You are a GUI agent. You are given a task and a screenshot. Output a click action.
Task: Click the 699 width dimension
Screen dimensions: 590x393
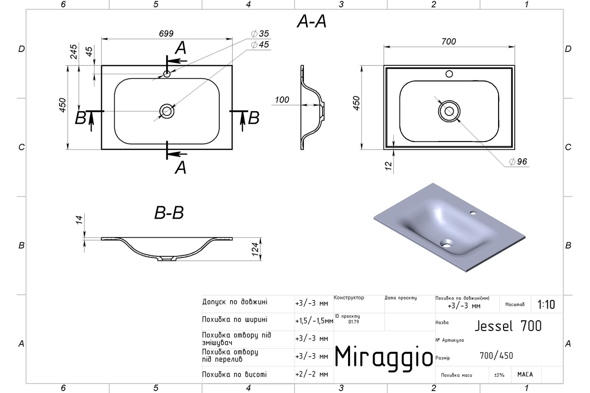tap(166, 34)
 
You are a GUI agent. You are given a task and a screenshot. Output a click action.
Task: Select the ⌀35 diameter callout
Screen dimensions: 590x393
tap(260, 34)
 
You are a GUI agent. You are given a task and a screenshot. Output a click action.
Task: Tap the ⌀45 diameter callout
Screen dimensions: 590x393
tap(260, 45)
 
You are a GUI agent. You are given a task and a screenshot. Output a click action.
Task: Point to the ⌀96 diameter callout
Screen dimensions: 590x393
tap(518, 161)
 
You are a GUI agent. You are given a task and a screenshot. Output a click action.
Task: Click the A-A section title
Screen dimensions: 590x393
tap(312, 21)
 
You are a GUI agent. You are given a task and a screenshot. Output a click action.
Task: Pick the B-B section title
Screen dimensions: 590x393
tap(169, 213)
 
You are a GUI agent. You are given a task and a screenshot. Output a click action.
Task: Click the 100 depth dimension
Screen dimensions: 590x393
tap(282, 100)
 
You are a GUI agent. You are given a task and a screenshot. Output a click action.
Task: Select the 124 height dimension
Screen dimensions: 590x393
tap(255, 249)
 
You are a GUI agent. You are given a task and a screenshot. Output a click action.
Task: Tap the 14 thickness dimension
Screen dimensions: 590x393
tap(79, 220)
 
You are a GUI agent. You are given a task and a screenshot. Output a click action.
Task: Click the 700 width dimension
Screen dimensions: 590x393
tap(448, 42)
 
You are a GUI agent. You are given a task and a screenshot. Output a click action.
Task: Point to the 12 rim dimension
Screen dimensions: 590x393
tap(388, 166)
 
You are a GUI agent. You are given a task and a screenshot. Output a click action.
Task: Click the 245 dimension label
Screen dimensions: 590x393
tap(73, 52)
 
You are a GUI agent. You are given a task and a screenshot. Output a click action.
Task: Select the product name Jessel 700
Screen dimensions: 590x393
tap(508, 326)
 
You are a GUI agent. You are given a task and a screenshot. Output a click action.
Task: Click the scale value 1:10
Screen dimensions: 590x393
tap(546, 305)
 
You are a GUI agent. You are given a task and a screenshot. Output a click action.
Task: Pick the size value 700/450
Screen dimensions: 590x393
tap(496, 356)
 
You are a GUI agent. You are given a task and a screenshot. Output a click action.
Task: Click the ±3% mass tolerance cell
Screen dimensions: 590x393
tap(499, 375)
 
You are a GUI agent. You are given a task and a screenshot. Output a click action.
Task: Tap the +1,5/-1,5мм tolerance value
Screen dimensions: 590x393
tap(314, 321)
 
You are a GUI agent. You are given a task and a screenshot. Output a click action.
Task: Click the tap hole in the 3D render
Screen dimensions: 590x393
tap(473, 212)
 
